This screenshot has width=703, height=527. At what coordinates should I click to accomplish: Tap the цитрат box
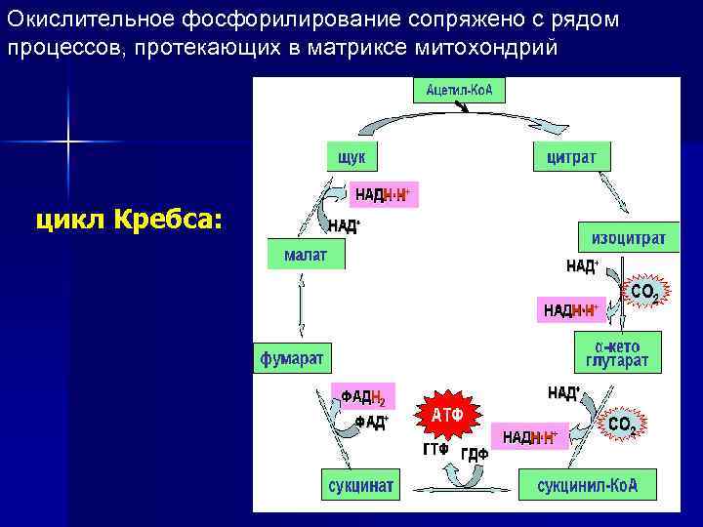tap(571, 156)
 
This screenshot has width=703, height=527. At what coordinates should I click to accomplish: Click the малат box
tap(306, 256)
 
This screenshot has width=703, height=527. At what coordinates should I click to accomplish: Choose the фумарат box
tap(291, 357)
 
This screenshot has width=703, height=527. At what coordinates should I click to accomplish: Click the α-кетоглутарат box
tap(616, 352)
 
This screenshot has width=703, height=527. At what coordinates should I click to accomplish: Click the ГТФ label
tap(434, 450)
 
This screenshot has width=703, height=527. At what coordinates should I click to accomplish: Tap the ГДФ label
tap(475, 454)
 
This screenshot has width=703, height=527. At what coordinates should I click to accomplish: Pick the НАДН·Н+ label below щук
tap(382, 195)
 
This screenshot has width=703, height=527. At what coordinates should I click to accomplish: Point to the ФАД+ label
tap(371, 423)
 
